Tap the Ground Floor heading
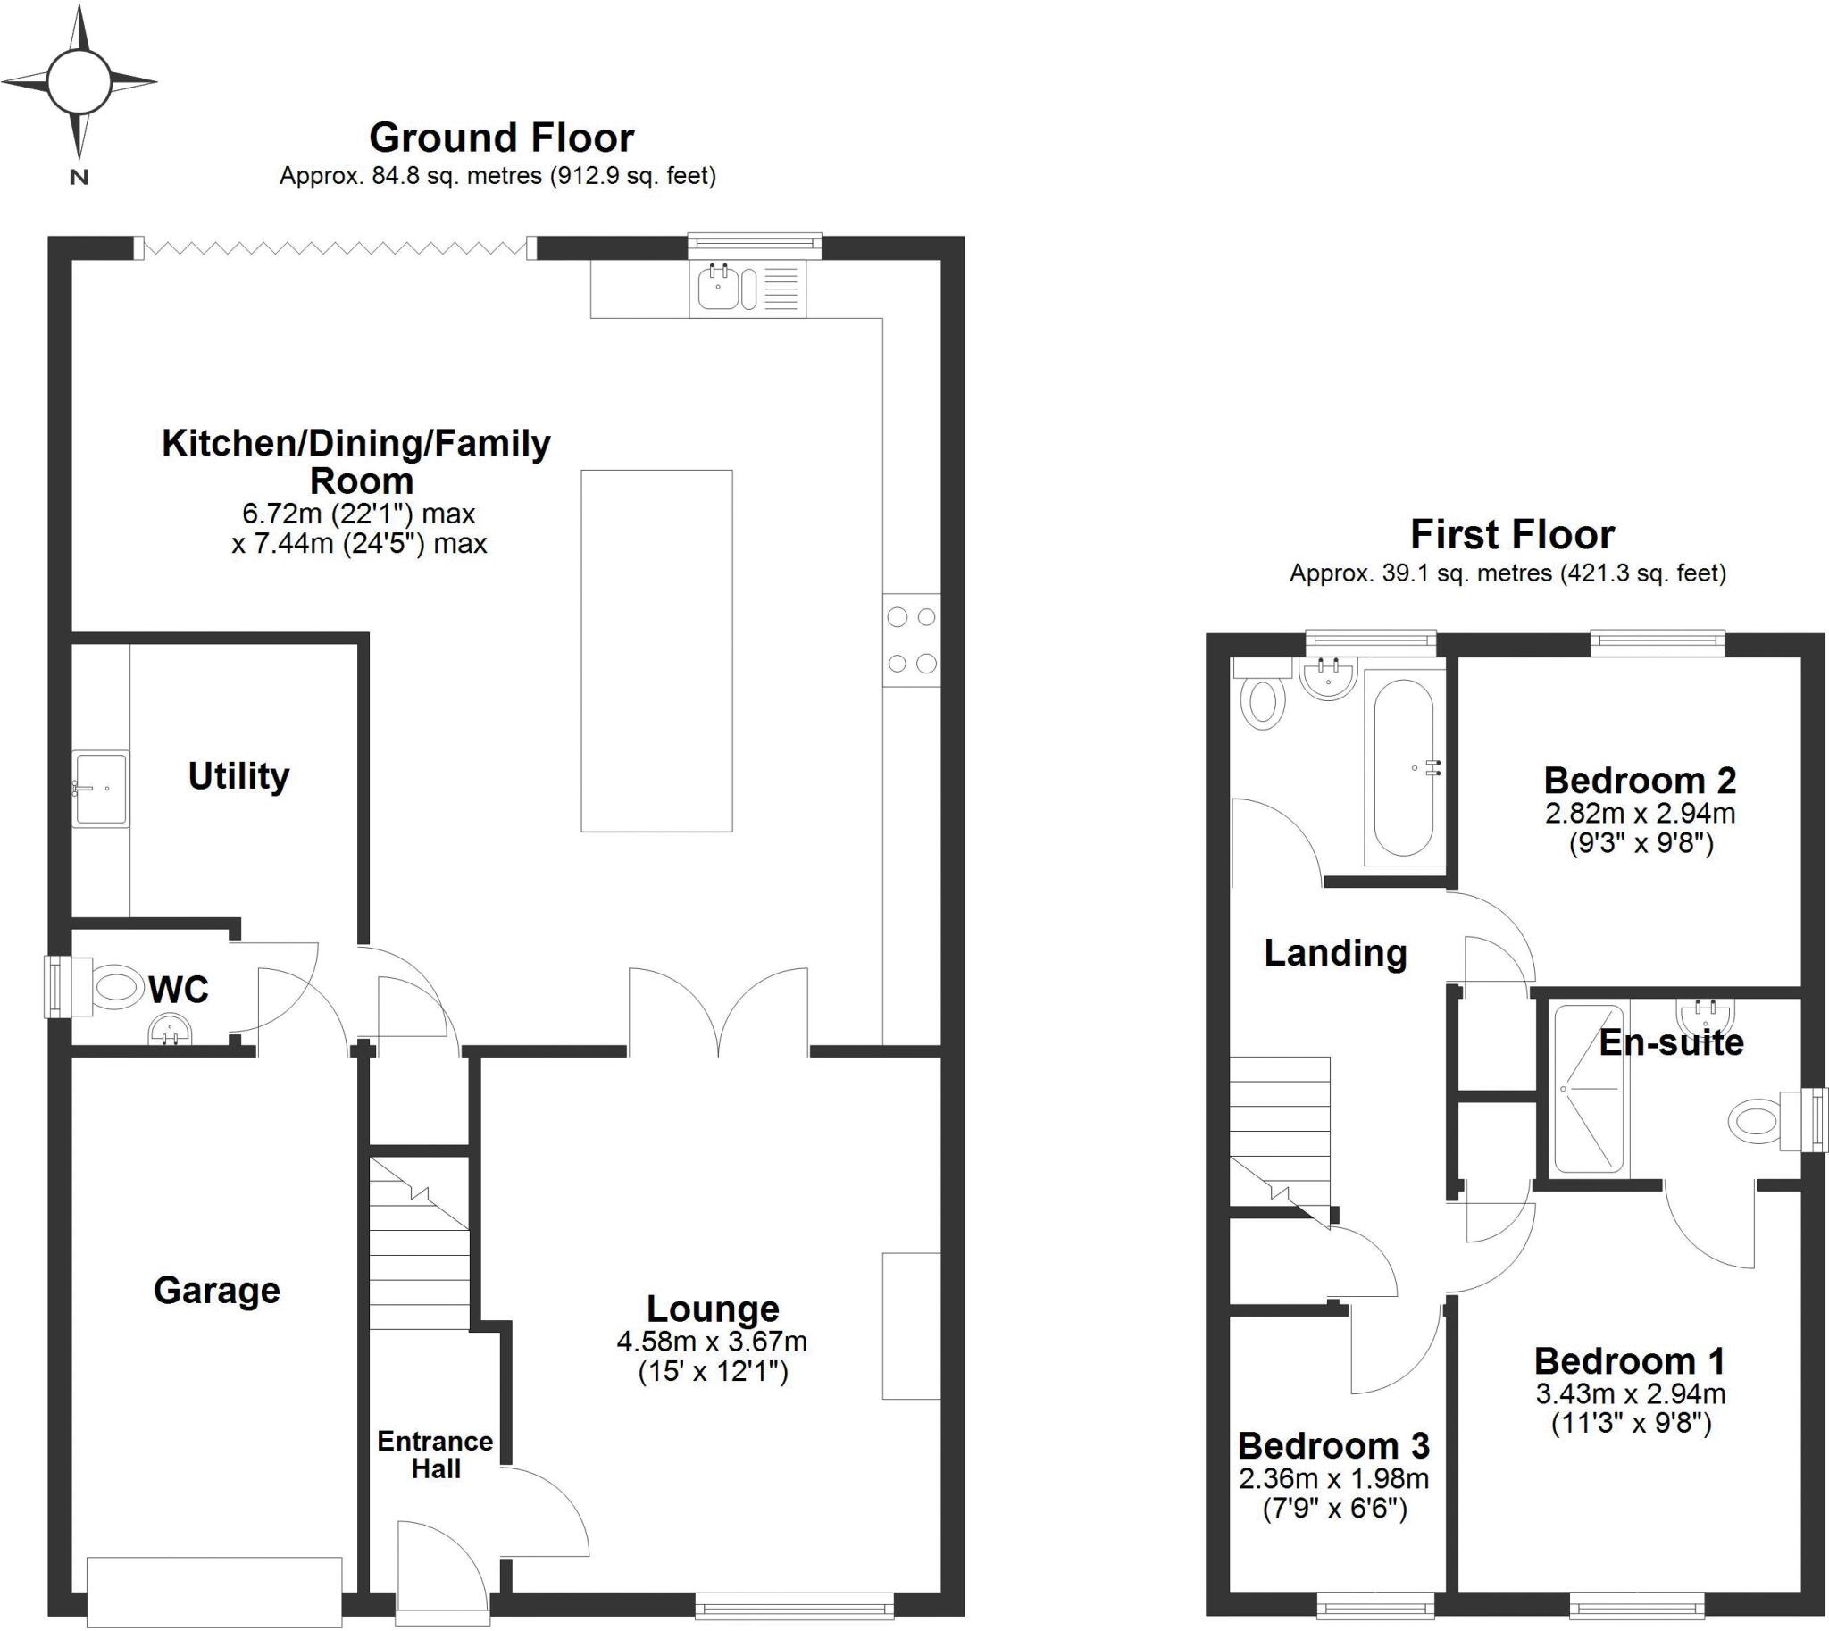click(502, 138)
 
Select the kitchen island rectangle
click(657, 650)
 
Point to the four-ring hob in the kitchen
click(911, 640)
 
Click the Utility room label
click(238, 776)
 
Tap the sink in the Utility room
click(100, 789)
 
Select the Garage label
click(217, 1291)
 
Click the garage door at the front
click(214, 1592)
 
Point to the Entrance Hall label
click(436, 1454)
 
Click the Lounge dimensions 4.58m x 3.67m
click(713, 1342)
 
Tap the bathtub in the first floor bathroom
click(1404, 767)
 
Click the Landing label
click(1335, 953)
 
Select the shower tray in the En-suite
click(1588, 1089)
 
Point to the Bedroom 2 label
click(1640, 781)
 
